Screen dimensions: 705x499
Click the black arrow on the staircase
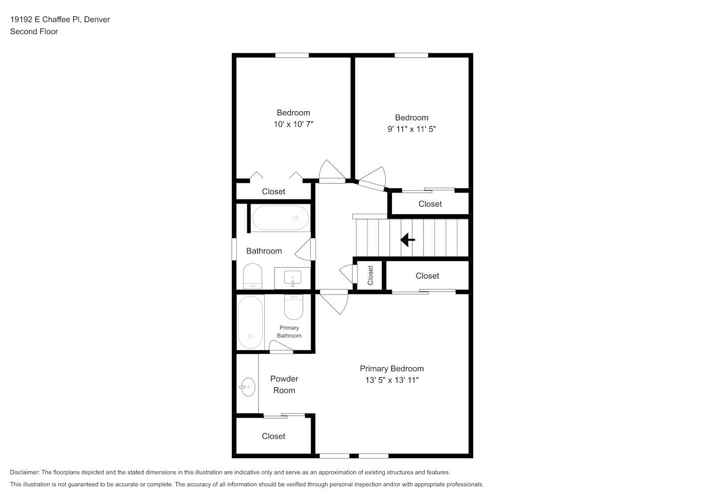407,240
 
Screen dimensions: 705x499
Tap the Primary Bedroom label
392,369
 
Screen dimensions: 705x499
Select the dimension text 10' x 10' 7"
293,124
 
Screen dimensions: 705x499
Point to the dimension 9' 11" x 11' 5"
412,129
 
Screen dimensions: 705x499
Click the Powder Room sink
248,387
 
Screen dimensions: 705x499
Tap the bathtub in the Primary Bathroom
250,322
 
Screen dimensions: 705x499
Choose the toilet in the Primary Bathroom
294,307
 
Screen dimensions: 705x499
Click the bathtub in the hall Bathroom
281,218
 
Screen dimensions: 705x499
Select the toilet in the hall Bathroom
253,276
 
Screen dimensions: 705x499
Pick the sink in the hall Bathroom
293,278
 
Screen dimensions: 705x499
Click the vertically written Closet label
370,275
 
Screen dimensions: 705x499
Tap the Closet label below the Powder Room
274,436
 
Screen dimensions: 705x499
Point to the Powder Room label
284,385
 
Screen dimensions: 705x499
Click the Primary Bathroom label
289,332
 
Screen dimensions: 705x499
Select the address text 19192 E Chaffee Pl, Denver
60,19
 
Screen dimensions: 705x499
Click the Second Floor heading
34,31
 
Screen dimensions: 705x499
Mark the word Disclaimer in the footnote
24,473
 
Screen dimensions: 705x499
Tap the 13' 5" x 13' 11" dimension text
392,380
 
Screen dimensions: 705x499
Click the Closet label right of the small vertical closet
427,276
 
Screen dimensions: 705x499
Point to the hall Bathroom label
264,251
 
